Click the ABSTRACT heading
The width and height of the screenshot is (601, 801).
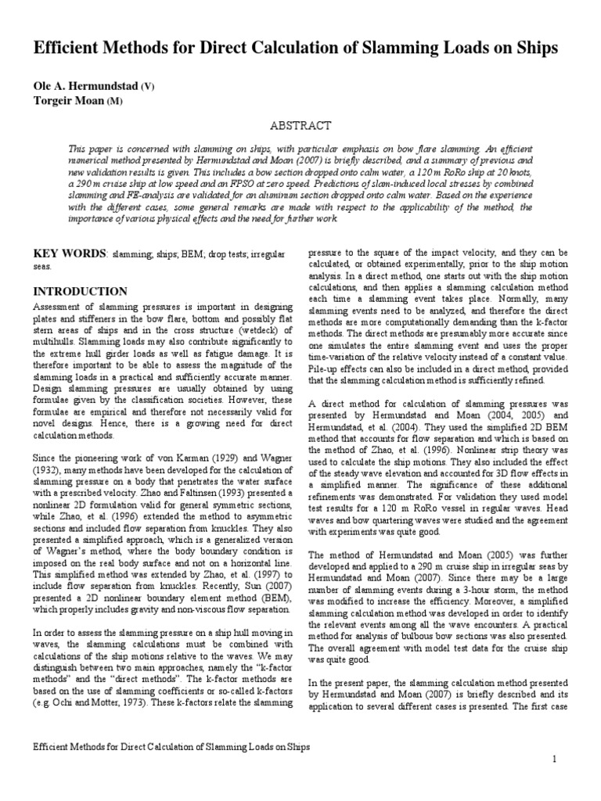(300, 125)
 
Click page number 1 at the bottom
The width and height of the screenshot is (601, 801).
(555, 760)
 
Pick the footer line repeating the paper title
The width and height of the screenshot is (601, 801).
(171, 747)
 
